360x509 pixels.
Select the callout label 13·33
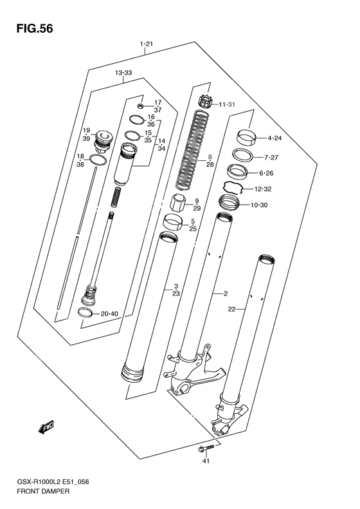pyautogui.click(x=123, y=73)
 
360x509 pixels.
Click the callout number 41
pyautogui.click(x=206, y=461)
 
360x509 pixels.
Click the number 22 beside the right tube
pyautogui.click(x=232, y=310)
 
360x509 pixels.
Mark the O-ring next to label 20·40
pyautogui.click(x=85, y=313)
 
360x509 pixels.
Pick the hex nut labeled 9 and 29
pyautogui.click(x=177, y=205)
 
